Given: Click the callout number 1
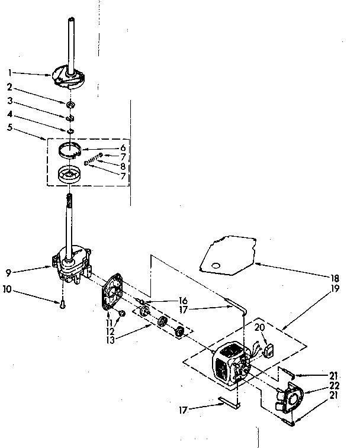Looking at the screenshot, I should point(10,73).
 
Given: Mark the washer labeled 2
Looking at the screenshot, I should point(70,105).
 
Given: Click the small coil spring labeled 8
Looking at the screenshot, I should point(92,160).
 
